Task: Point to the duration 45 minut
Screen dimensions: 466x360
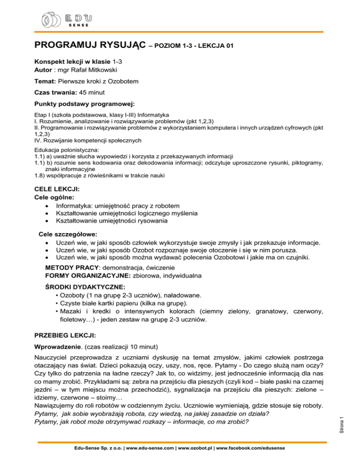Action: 96,93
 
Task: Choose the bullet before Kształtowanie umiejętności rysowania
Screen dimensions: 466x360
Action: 46,221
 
